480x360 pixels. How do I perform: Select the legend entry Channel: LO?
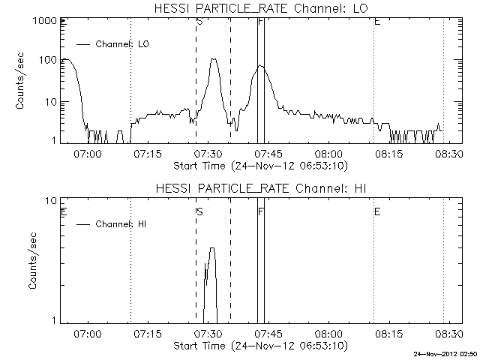coord(124,44)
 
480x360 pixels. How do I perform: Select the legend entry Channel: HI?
coord(124,223)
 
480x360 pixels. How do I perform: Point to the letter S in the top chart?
coord(199,22)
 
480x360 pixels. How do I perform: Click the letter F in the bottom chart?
coord(260,212)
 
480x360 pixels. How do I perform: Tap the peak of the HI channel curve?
coord(212,248)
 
